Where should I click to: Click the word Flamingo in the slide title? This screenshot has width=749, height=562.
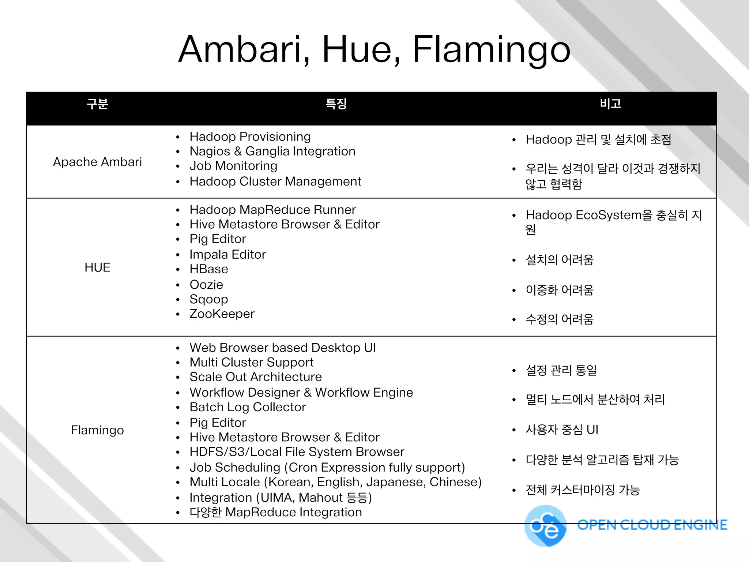point(491,50)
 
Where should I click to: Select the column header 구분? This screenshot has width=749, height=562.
point(97,104)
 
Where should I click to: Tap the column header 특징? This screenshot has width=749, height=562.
point(336,104)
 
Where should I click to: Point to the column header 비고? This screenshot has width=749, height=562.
point(610,104)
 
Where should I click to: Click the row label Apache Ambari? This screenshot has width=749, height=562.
point(97,162)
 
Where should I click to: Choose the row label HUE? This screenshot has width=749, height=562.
point(97,267)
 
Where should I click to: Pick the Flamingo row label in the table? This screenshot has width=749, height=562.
point(97,430)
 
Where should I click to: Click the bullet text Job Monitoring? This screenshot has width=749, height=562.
point(233,166)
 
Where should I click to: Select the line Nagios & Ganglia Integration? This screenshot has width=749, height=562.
point(272,151)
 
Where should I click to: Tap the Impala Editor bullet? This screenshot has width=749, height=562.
point(227,254)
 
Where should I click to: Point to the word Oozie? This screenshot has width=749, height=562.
point(206,284)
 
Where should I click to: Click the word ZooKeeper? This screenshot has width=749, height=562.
point(222,314)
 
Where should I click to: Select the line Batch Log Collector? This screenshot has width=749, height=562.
point(248,407)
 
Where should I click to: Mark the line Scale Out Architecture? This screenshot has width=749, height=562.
point(256,377)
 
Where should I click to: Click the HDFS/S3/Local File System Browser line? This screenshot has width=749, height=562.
point(297,452)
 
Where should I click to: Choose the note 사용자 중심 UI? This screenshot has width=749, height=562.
point(562,430)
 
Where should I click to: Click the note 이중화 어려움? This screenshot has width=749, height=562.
point(560,290)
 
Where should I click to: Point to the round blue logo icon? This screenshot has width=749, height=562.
point(545,526)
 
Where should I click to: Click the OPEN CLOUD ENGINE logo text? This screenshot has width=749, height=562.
point(652,525)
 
